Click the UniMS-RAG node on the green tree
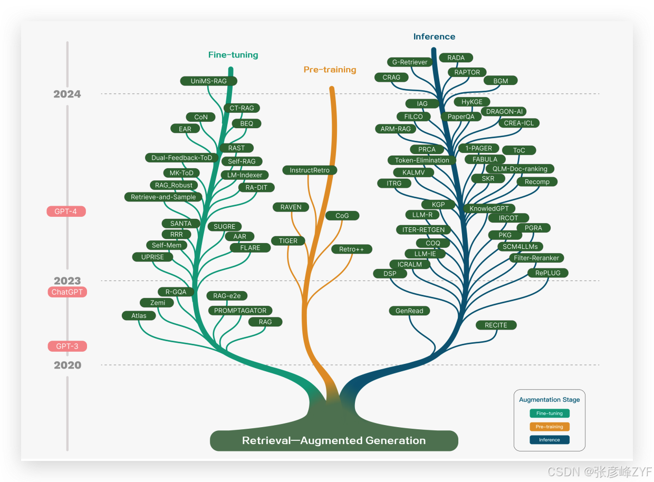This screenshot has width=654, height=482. (208, 81)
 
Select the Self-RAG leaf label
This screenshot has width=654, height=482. (242, 161)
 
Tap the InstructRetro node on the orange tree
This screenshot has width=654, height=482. (310, 170)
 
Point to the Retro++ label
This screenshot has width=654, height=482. (352, 249)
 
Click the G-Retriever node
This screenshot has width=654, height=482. (410, 62)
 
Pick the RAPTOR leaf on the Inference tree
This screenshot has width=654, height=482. (467, 72)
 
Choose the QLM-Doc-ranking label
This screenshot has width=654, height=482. (520, 169)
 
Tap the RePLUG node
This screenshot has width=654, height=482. (548, 273)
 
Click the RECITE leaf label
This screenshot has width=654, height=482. (496, 325)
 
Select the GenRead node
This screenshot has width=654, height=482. (409, 311)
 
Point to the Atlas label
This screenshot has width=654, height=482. (139, 316)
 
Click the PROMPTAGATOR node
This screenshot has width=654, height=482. (241, 311)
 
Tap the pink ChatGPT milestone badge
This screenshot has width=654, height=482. (67, 292)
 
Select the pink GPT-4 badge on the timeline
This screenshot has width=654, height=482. (66, 211)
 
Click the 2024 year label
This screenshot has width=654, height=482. (68, 94)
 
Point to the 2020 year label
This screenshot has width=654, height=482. (68, 365)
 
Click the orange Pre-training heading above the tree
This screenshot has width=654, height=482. (330, 70)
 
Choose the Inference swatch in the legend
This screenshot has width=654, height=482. (549, 440)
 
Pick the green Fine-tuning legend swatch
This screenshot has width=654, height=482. (549, 413)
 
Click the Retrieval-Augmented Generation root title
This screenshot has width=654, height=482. (334, 441)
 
